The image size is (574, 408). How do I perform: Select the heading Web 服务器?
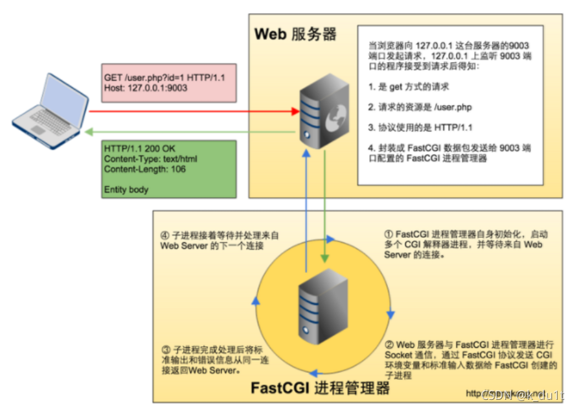[295, 34]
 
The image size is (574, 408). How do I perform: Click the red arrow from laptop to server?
[194, 112]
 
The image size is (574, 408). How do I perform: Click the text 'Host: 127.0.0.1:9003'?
[145, 88]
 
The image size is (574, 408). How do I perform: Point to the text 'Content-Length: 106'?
[145, 169]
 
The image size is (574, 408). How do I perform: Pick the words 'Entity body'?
[126, 189]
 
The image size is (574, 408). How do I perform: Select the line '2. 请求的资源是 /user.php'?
[420, 107]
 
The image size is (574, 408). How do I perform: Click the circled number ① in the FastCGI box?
[389, 234]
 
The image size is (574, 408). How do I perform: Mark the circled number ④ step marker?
[165, 235]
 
